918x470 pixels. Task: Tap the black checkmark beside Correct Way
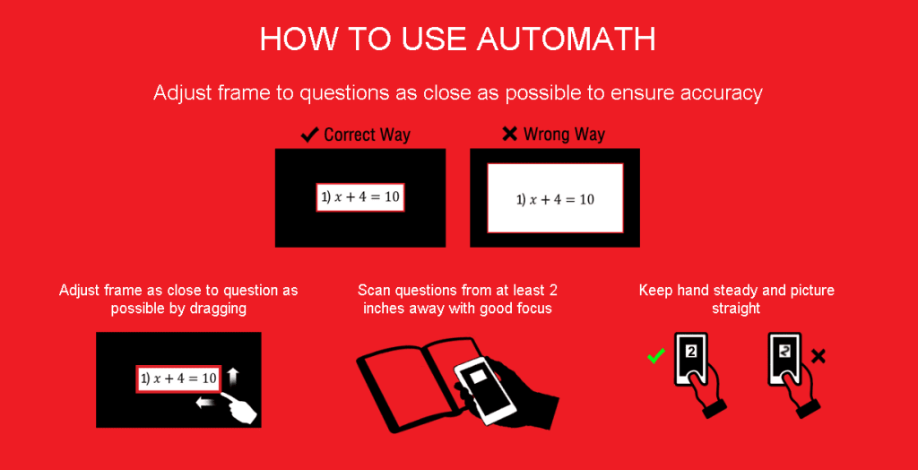click(x=309, y=135)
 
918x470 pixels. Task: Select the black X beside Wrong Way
click(x=509, y=134)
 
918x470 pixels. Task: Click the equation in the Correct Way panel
click(x=360, y=198)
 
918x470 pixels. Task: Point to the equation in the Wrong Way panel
click(x=555, y=199)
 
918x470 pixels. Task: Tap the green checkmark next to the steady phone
click(x=655, y=357)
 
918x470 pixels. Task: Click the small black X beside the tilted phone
click(x=818, y=357)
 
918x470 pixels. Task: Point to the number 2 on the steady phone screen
click(x=690, y=352)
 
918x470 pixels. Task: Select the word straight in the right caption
click(x=736, y=308)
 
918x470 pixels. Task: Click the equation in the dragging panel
click(x=178, y=379)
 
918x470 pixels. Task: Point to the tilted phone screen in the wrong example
click(x=784, y=352)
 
